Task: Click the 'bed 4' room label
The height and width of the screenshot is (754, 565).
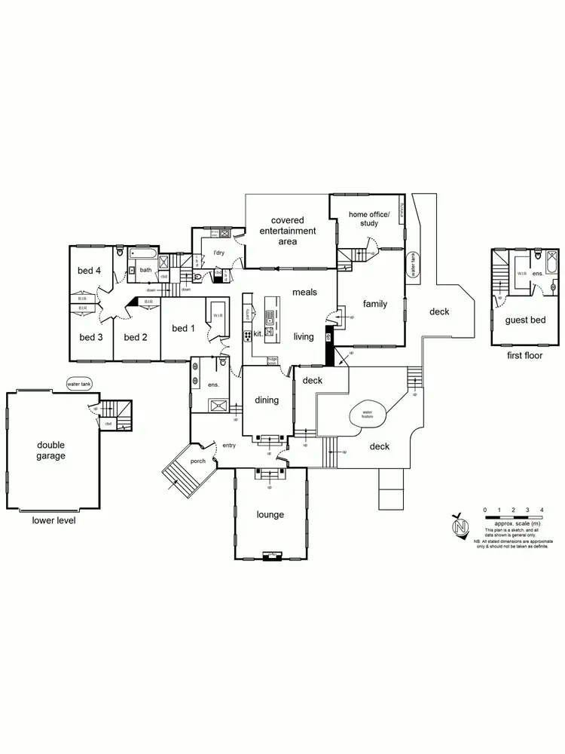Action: click(89, 271)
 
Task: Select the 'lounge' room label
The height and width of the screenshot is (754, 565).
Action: click(270, 515)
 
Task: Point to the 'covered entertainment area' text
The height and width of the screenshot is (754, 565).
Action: click(288, 231)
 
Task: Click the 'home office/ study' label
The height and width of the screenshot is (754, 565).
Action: click(368, 219)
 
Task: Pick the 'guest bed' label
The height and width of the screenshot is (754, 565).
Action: click(525, 320)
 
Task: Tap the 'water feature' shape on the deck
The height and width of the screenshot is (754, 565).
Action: click(368, 413)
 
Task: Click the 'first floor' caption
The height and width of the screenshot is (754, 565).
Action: click(525, 355)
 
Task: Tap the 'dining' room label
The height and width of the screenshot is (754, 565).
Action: click(267, 400)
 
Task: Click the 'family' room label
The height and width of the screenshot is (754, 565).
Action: click(374, 305)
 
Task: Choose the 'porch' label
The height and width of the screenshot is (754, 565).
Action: click(198, 461)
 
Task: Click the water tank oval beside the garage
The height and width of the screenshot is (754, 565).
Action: click(78, 384)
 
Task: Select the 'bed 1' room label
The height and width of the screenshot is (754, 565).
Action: click(184, 328)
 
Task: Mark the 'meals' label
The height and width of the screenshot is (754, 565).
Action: click(304, 293)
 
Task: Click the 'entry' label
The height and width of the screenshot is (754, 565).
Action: click(229, 446)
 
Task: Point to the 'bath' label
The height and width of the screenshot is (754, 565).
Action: click(145, 269)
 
